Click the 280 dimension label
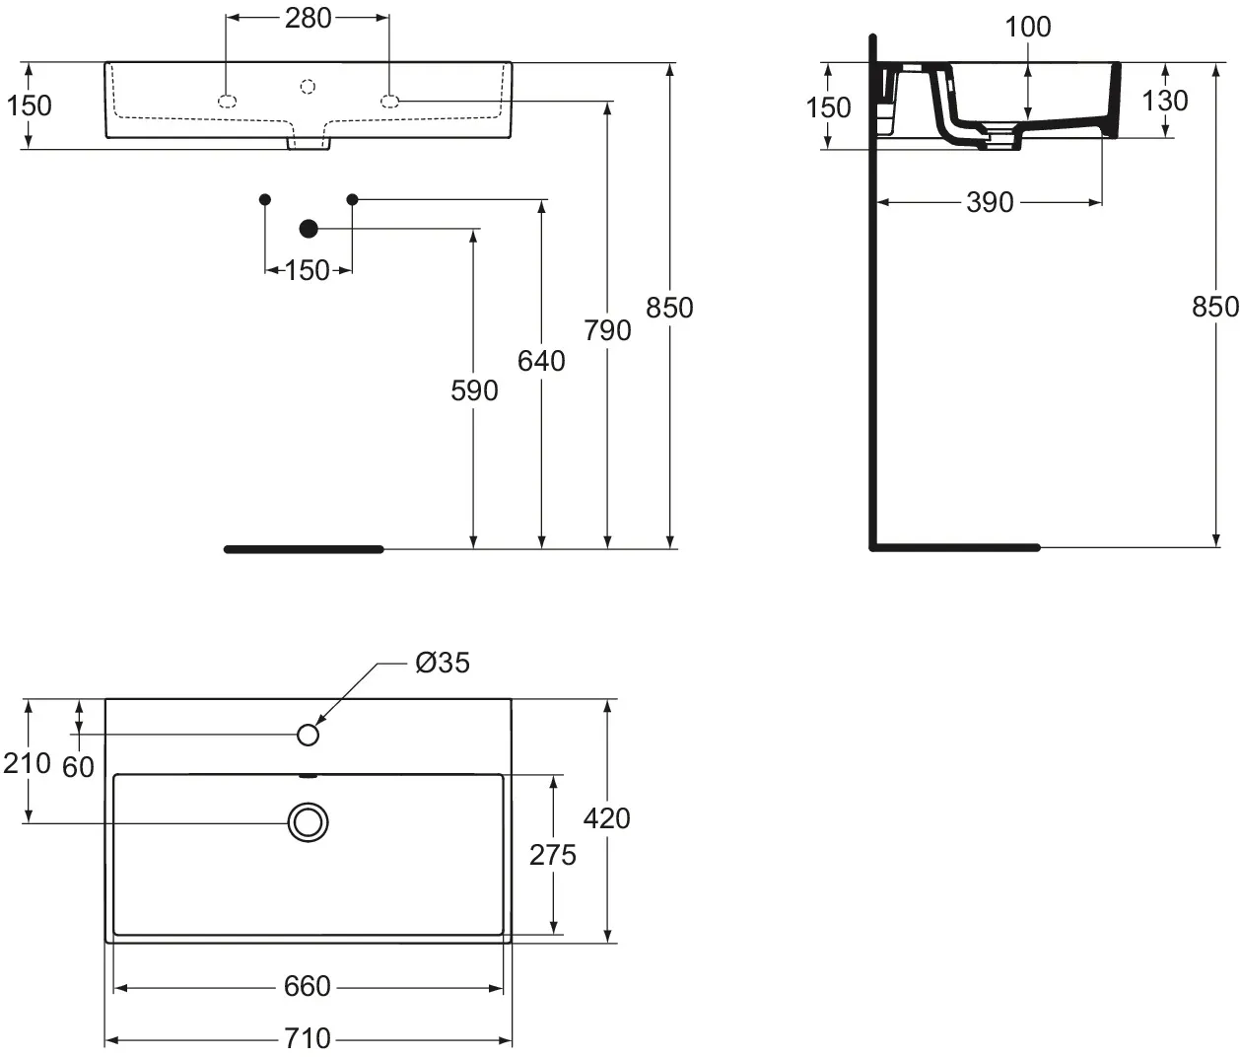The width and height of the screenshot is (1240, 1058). click(308, 19)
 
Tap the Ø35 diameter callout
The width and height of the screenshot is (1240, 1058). click(443, 663)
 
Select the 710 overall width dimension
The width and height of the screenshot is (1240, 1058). click(308, 1038)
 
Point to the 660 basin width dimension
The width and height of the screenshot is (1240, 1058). click(308, 986)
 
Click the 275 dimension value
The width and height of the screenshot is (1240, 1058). click(553, 854)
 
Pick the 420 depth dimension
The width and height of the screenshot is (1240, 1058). click(607, 818)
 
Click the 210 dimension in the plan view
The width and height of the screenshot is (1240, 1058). click(27, 762)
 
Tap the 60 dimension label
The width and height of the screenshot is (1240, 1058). click(78, 766)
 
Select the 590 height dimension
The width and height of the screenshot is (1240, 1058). click(474, 390)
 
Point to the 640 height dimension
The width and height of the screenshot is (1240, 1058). click(541, 361)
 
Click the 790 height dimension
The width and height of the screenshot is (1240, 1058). click(607, 330)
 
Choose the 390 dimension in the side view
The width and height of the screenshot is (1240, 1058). click(990, 202)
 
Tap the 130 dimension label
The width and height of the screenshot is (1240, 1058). click(1164, 101)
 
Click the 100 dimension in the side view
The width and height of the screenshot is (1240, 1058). click(1028, 27)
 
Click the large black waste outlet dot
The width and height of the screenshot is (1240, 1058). click(309, 229)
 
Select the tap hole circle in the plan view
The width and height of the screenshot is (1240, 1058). click(309, 735)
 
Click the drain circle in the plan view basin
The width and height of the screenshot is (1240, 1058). click(308, 821)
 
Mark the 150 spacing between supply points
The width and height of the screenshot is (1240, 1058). click(308, 269)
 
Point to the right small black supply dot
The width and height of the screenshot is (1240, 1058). click(352, 199)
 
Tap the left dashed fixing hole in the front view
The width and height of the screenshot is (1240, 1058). click(227, 101)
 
